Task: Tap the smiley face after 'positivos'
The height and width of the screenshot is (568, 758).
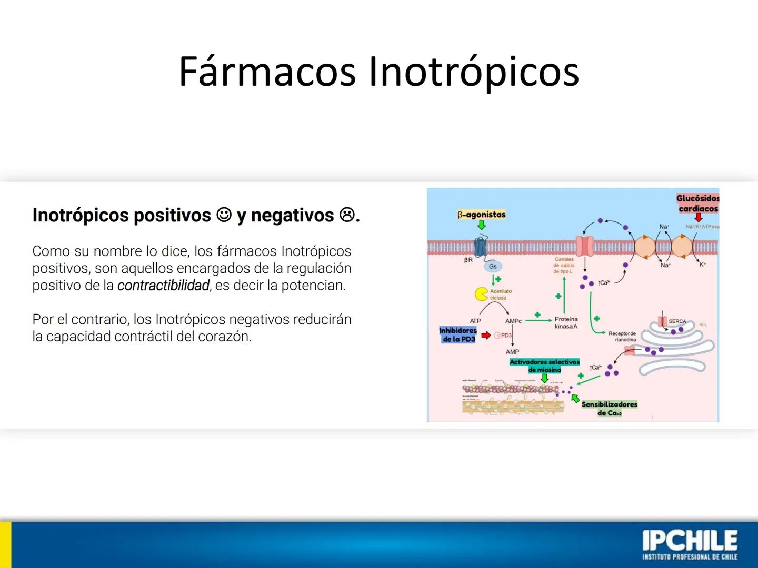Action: (x=224, y=215)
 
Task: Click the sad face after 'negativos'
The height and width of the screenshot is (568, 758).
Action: (x=346, y=215)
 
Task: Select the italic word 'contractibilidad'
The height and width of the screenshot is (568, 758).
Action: (x=163, y=286)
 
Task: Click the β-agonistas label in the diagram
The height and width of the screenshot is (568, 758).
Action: (x=481, y=215)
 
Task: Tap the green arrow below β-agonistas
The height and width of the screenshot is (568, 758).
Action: (x=481, y=225)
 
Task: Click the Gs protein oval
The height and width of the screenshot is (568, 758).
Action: (x=493, y=267)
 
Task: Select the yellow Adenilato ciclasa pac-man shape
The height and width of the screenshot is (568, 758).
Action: (x=481, y=294)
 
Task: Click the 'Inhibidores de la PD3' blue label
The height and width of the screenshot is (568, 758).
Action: (x=458, y=335)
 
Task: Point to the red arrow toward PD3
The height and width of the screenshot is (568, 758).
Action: (x=485, y=335)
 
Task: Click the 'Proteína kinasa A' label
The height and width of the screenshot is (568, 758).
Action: (x=566, y=323)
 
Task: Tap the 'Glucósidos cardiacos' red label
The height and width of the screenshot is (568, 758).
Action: (x=697, y=204)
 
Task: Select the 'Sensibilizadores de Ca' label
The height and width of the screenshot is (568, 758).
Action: (x=609, y=409)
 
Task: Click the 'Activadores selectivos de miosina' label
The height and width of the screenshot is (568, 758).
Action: (x=544, y=366)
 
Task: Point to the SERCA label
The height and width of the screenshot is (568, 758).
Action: (x=677, y=321)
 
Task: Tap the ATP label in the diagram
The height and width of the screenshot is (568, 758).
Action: (x=475, y=321)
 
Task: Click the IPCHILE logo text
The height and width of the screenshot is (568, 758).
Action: (x=690, y=542)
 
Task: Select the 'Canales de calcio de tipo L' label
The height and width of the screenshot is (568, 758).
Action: (x=564, y=266)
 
